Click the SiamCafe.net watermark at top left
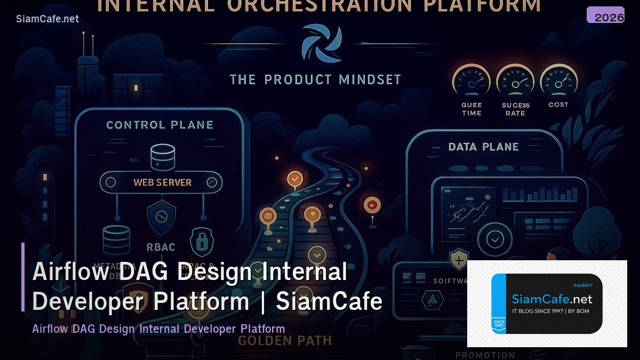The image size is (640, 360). [x=47, y=19]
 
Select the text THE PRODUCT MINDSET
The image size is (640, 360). [x=315, y=80]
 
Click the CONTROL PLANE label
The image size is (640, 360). [x=160, y=125]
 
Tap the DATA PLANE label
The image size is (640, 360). [x=483, y=147]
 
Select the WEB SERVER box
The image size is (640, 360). [x=162, y=182]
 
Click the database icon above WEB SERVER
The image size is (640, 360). [x=163, y=156]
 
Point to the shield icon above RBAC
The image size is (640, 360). [x=161, y=218]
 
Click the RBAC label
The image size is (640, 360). [x=161, y=247]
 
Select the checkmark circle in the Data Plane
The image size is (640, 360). [x=495, y=240]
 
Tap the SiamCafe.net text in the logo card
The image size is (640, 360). [x=552, y=299]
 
